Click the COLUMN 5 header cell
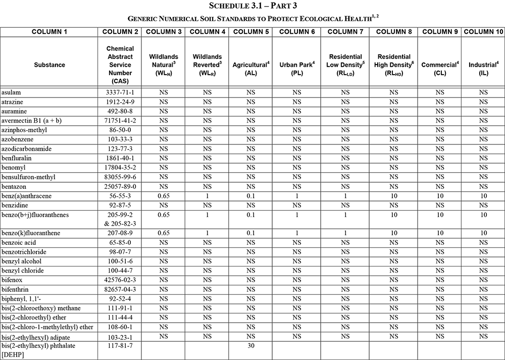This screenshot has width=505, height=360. coord(250,32)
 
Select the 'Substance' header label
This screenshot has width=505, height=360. coord(49,65)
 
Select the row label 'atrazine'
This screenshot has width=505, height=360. coord(13,102)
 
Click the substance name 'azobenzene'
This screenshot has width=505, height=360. coord(17,139)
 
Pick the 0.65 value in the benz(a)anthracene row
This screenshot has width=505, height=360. coord(163,196)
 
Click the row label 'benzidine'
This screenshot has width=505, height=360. coord(15,205)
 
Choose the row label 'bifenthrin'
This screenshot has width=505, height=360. coord(15,289)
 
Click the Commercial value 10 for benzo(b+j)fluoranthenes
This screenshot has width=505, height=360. coord(440,215)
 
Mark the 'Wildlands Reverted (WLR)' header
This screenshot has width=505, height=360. coord(207,65)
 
